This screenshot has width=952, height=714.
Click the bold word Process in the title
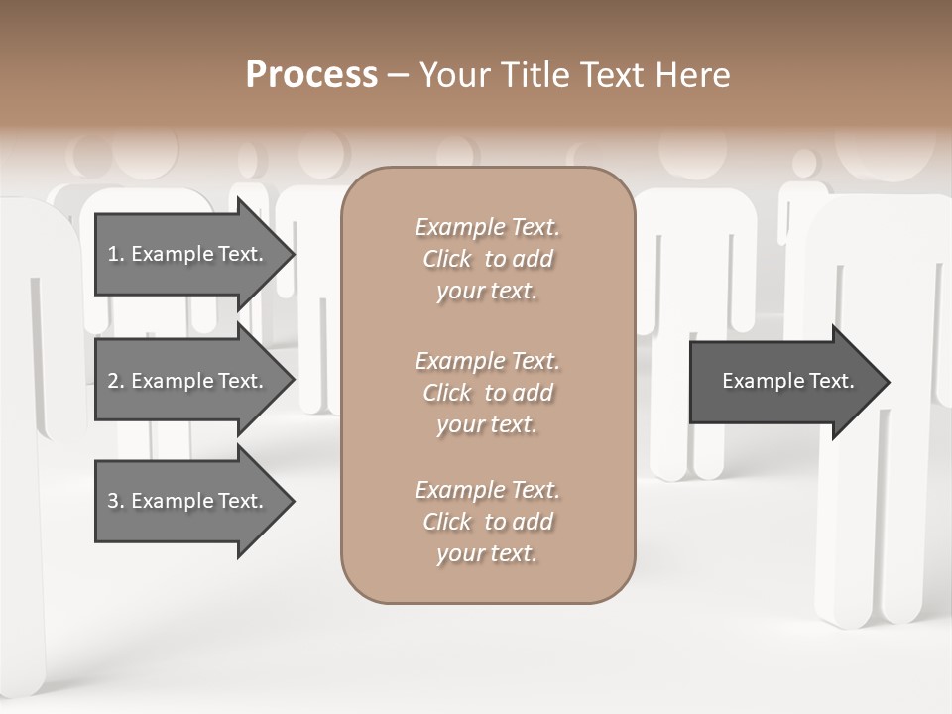pos(311,75)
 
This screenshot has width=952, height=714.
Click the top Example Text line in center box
pos(487,227)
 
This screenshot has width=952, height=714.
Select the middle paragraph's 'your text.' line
pos(487,424)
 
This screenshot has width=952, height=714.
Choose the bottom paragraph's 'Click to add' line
pos(487,522)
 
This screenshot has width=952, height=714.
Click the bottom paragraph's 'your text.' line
pos(487,554)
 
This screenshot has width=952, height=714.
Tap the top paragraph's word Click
pos(447,259)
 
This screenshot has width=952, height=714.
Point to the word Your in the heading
pos(453,75)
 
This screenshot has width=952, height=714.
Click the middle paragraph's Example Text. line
pos(487,360)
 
